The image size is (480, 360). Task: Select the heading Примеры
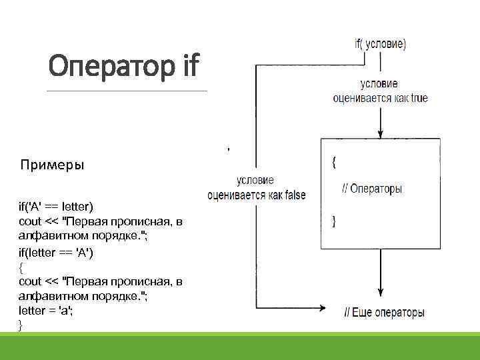point(52,165)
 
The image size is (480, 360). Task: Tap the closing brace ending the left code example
point(21,325)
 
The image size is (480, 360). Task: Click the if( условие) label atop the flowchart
point(380,44)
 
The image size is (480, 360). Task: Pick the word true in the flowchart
point(419,98)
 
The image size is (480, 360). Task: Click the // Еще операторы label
point(384,312)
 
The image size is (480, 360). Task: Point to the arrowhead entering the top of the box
point(380,133)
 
